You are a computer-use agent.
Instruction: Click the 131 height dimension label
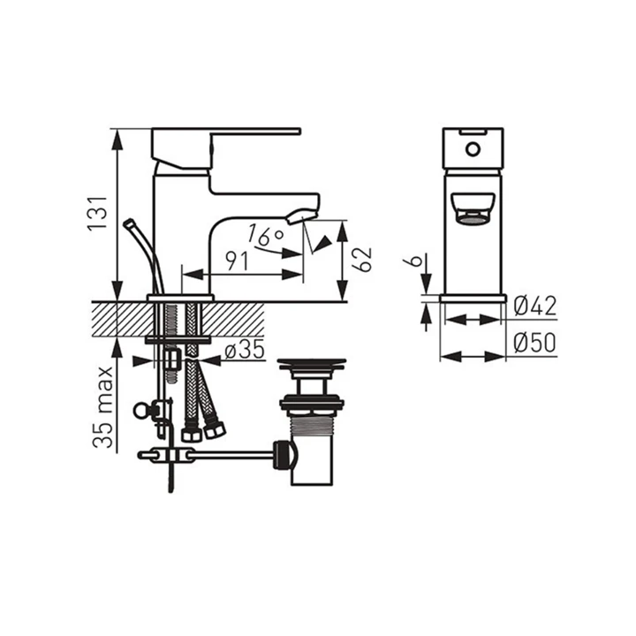(98, 214)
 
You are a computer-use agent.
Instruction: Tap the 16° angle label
(265, 235)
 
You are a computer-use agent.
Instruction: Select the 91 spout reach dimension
(237, 261)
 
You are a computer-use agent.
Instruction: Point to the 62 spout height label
(361, 259)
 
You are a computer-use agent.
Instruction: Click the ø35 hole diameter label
(245, 350)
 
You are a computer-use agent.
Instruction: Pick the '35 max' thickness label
(102, 407)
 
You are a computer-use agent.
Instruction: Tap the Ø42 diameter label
(535, 306)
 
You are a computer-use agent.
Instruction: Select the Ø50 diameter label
(535, 343)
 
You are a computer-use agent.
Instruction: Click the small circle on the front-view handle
(473, 149)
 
